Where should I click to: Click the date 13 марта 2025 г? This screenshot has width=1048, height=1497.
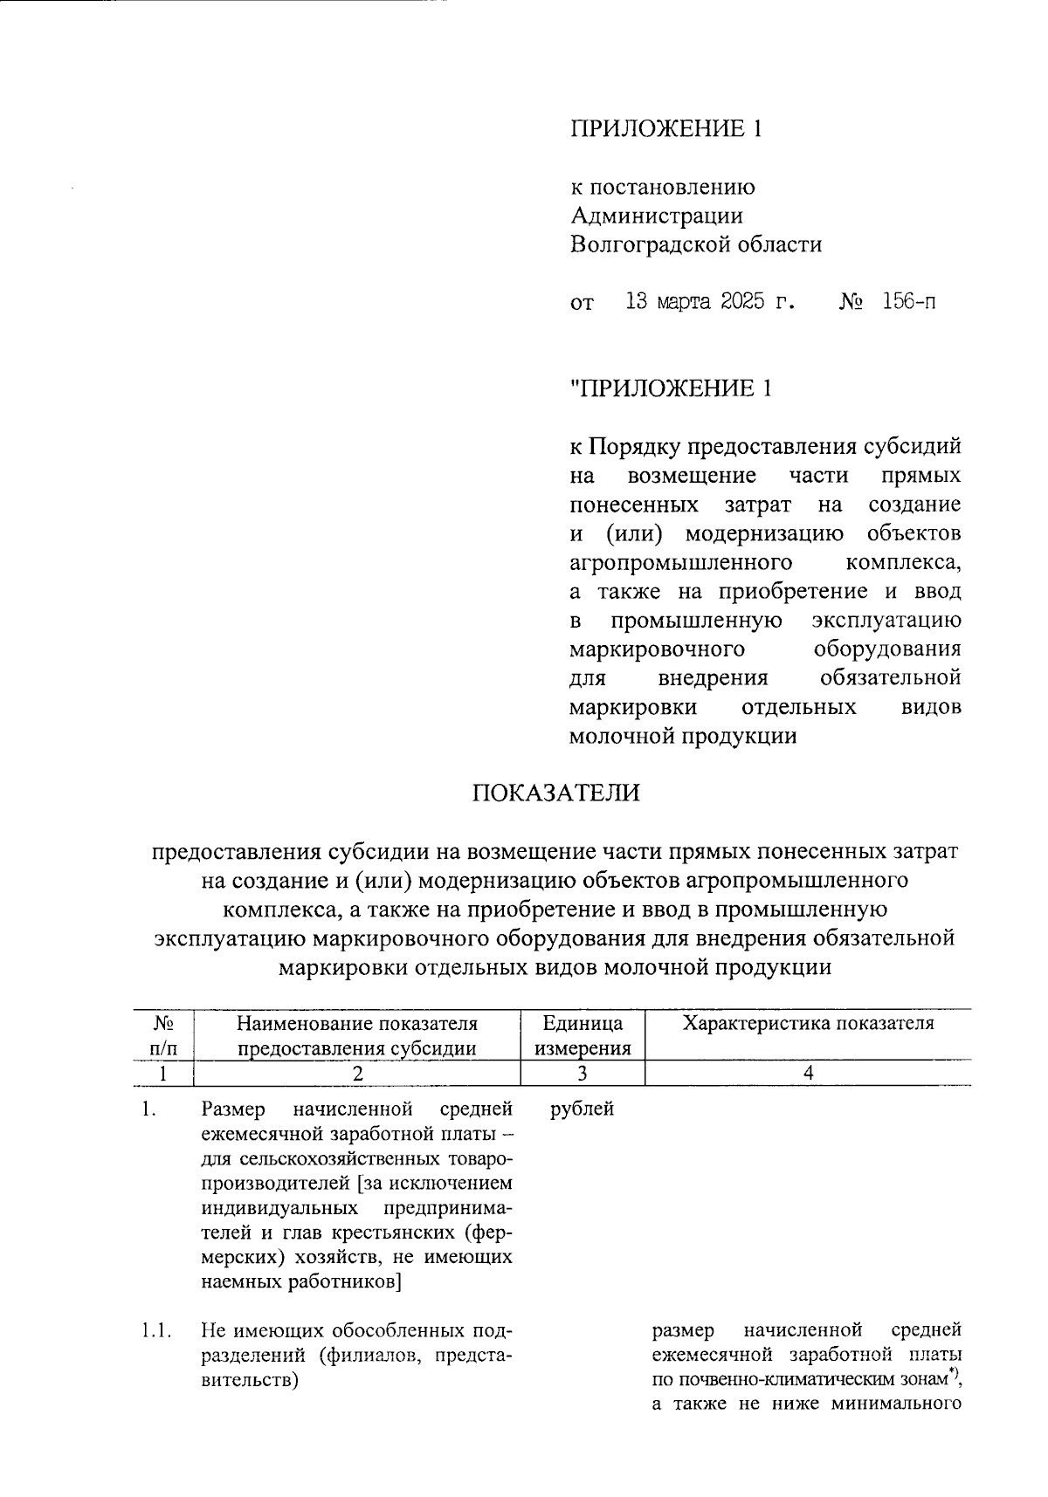(x=711, y=303)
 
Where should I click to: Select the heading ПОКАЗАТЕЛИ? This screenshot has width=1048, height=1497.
(x=556, y=793)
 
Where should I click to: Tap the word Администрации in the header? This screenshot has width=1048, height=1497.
(x=656, y=215)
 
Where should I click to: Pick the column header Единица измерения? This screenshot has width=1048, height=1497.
(x=583, y=1035)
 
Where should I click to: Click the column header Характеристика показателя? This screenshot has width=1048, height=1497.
(x=808, y=1024)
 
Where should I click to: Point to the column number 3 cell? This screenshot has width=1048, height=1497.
(x=583, y=1074)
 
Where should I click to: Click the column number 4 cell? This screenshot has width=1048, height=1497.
(x=808, y=1074)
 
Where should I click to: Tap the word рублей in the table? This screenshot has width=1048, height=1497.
(x=583, y=1109)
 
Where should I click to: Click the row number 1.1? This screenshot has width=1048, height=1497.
(x=155, y=1331)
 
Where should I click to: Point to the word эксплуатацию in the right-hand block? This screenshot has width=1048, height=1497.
(x=886, y=621)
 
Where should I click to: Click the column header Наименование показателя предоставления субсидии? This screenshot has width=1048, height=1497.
(x=356, y=1035)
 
